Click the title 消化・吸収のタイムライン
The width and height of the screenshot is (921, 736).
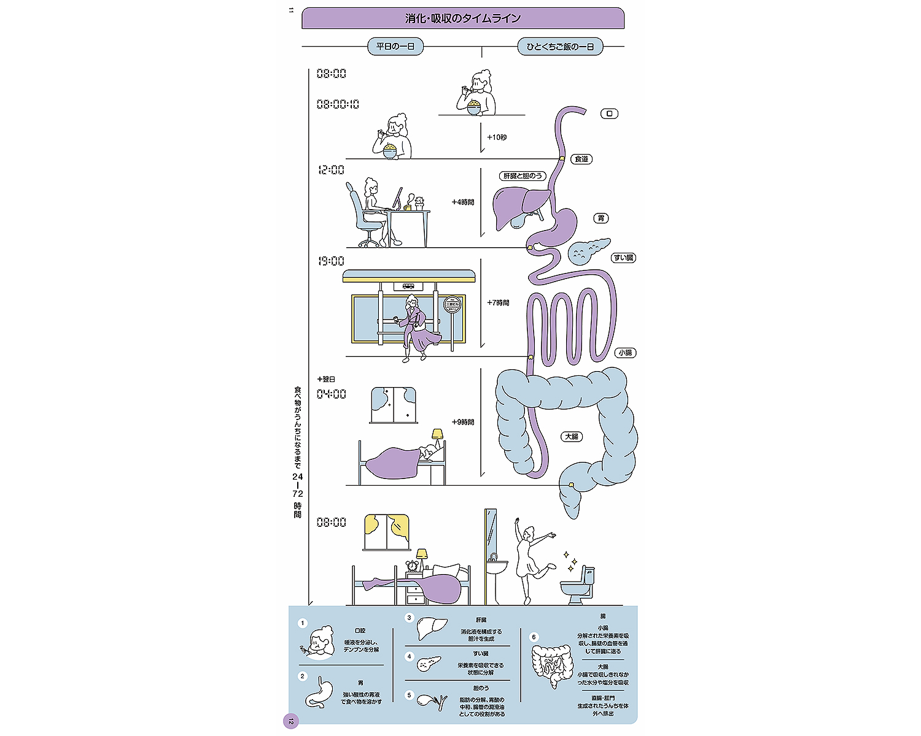(x=463, y=18)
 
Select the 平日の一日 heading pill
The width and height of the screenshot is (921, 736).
(x=395, y=47)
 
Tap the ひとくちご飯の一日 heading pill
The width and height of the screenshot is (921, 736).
(x=560, y=47)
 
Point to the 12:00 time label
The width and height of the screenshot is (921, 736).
(x=331, y=170)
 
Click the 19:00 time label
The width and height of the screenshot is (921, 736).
(x=331, y=261)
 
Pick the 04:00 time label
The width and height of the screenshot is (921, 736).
(x=331, y=394)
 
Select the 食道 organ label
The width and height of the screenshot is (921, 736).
(x=581, y=159)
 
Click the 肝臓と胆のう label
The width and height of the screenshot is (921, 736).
(x=523, y=176)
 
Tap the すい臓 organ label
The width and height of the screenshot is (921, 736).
(x=623, y=258)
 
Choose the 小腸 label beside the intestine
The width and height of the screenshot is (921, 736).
(x=625, y=353)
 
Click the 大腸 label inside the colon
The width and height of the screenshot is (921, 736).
(x=571, y=437)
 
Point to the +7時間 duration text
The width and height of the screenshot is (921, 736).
(x=498, y=303)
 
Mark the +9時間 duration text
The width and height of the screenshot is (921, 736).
(x=463, y=423)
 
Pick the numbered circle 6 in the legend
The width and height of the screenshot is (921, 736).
(x=534, y=637)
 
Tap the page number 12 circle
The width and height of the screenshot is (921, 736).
(x=290, y=721)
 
